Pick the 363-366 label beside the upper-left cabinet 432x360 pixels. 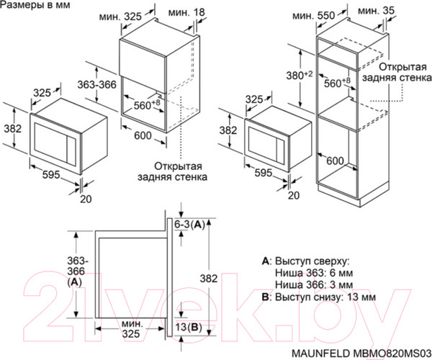click(97, 85)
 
